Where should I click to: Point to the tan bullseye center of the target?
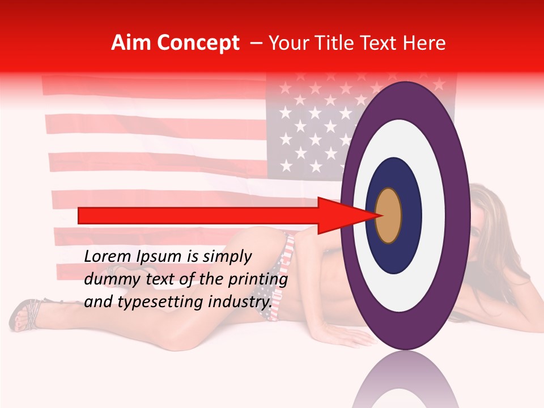click(x=389, y=215)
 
